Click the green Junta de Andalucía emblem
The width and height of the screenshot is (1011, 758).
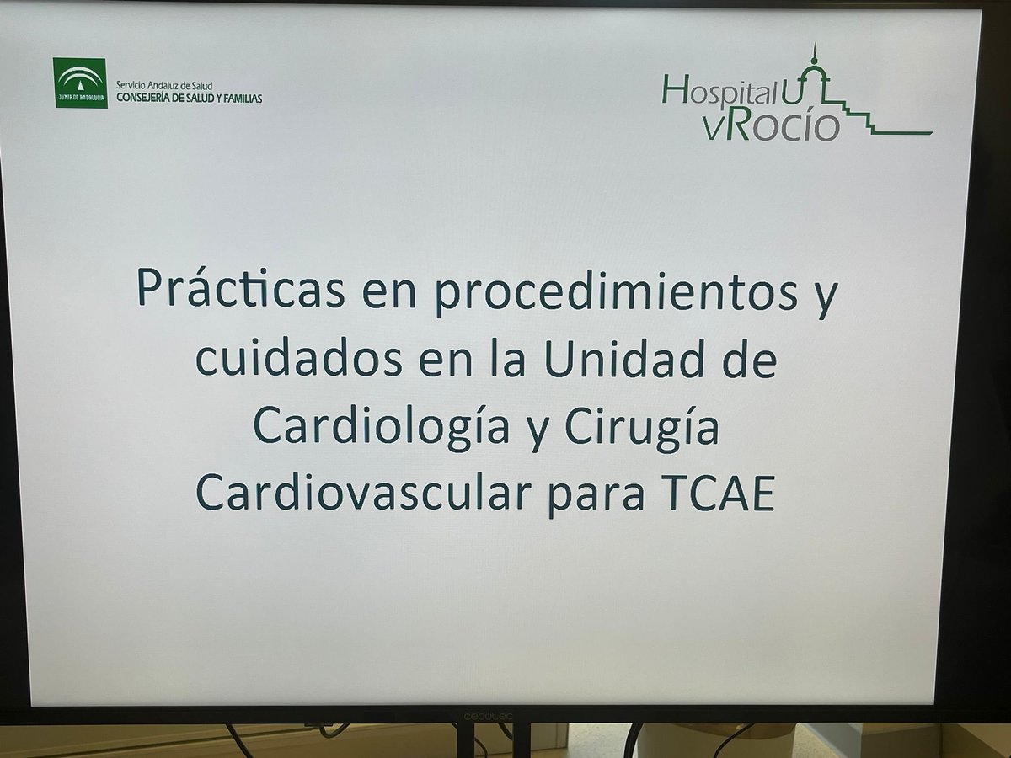(x=80, y=83)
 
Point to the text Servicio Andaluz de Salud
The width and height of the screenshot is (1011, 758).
(x=164, y=87)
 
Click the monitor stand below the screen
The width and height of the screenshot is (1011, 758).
(x=489, y=741)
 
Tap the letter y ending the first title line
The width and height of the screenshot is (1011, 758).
(x=826, y=295)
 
